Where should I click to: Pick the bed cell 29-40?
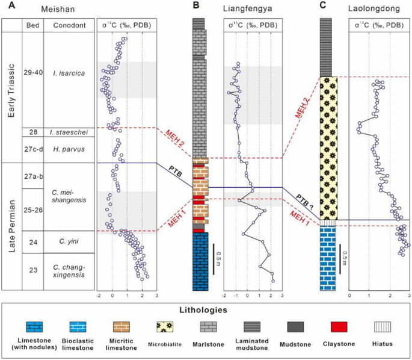32,73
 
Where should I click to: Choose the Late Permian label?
10,226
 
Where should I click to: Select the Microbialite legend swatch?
162,327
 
